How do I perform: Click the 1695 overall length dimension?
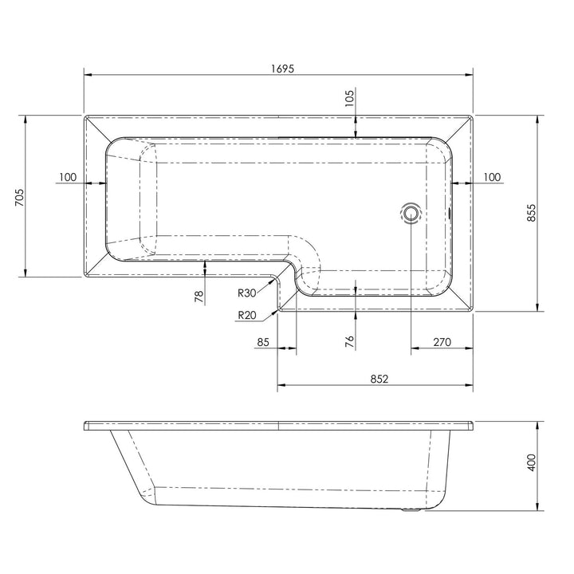click(282, 69)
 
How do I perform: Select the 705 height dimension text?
click(19, 198)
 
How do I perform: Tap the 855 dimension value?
click(531, 213)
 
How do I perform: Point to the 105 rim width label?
click(350, 97)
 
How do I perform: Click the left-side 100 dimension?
click(68, 177)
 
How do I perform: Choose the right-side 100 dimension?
click(492, 177)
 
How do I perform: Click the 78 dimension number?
click(199, 296)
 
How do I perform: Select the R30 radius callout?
click(246, 293)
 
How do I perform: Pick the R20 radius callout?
click(247, 315)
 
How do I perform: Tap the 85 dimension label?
click(263, 342)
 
